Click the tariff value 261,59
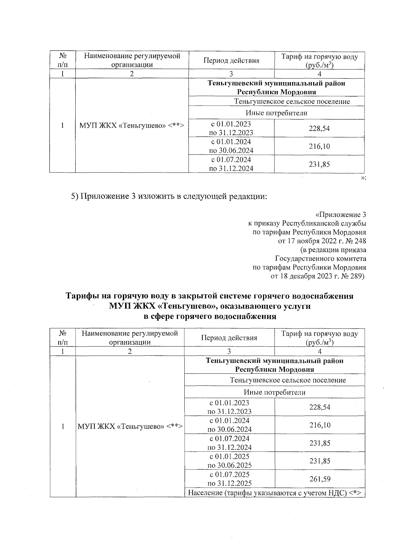(320, 479)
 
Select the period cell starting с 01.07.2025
(230, 479)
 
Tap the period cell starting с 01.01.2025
(230, 461)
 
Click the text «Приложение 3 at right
(340, 215)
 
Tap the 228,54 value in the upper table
(319, 129)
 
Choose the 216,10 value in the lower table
(320, 425)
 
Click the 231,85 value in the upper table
(319, 164)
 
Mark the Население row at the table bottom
(274, 493)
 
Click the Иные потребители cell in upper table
(276, 113)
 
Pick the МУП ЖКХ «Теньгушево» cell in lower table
(130, 426)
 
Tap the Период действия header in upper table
(231, 61)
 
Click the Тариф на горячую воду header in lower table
(319, 338)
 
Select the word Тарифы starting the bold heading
(82, 296)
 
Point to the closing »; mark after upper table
(363, 178)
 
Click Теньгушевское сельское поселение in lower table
(288, 380)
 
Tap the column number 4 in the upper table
(319, 74)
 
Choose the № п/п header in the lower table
(63, 338)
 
